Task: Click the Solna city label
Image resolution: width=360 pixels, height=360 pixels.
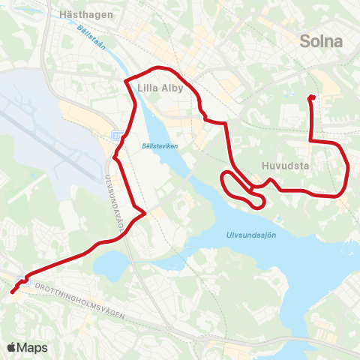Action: coord(321,41)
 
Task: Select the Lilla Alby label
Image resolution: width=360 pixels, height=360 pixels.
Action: coord(160,87)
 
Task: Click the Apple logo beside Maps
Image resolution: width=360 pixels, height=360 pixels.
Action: coord(11,347)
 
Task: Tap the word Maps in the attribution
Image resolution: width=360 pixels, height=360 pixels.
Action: coord(32,347)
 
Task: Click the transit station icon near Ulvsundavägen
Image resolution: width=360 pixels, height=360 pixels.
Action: coord(117,135)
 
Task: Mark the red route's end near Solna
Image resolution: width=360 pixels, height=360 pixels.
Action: coord(311,97)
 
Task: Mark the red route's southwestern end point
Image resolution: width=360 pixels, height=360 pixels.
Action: coord(13,292)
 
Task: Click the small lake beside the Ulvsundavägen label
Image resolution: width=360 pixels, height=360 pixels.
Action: coord(110,262)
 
